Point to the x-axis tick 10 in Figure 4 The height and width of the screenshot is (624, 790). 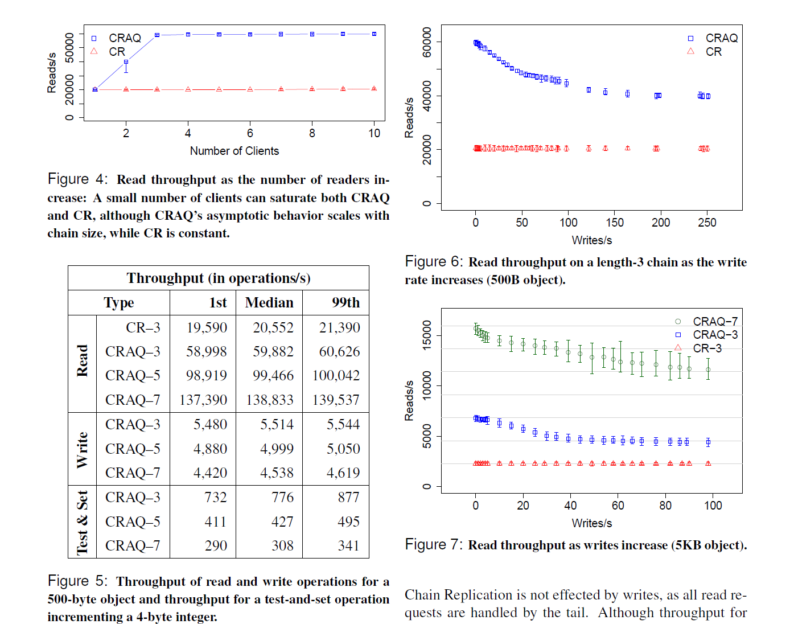point(374,133)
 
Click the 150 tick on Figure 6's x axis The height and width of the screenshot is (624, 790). point(615,223)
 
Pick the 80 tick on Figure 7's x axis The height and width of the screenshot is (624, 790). point(665,506)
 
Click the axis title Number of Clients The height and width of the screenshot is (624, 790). point(234,151)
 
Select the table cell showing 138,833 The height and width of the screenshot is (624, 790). point(270,400)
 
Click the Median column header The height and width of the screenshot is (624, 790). point(269,303)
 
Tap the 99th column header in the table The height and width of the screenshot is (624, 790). point(345,303)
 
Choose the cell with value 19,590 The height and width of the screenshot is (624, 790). point(207,328)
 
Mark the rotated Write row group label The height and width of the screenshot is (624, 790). point(83,449)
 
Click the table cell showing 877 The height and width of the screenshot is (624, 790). point(348,498)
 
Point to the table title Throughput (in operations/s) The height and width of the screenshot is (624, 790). point(219,278)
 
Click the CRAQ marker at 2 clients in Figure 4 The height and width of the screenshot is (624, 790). point(126,62)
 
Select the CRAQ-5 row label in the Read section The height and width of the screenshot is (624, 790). point(133,376)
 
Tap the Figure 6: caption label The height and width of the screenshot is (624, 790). point(434,262)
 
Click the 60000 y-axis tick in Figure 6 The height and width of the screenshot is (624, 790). point(427,42)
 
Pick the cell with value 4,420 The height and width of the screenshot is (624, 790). point(210,473)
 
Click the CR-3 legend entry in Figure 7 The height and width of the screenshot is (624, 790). point(707,348)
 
